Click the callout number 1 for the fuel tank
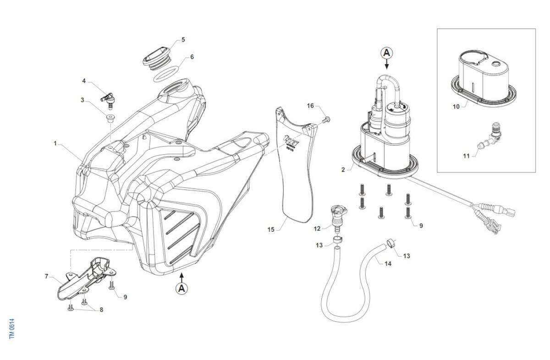tap(55, 143)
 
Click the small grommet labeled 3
tap(110, 119)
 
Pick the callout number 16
tap(310, 106)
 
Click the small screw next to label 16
tap(326, 120)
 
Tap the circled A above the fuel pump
tap(386, 53)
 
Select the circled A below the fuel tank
tap(182, 288)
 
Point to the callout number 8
tap(101, 310)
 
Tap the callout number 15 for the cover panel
tap(271, 229)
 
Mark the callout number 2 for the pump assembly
tap(343, 169)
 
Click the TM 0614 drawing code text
tap(12, 328)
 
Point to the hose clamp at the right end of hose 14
tap(390, 243)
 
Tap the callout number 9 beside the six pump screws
tap(421, 225)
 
